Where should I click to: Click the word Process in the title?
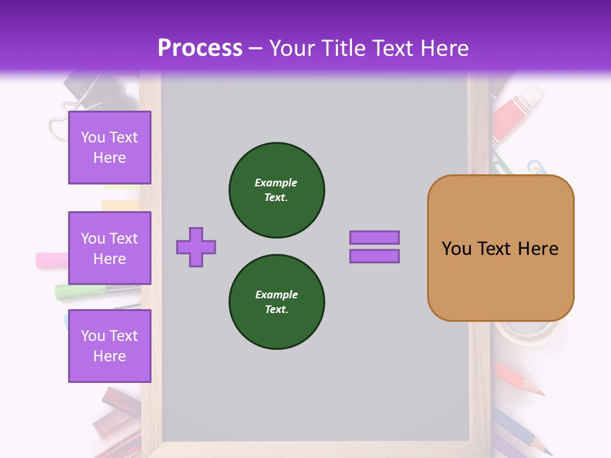point(200,48)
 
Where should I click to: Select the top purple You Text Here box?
point(109,148)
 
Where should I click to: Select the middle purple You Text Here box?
point(109,248)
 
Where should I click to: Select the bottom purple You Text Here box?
point(109,345)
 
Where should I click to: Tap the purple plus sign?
point(196,247)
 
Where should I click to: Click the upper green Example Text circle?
point(277,190)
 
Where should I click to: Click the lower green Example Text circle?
point(277,302)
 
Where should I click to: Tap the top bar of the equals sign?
point(374,237)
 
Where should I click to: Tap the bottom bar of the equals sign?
point(374,256)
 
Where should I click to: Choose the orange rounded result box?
point(500,248)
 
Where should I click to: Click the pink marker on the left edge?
point(52,260)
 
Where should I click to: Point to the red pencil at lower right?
point(519,380)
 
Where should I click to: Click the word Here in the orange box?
point(538,249)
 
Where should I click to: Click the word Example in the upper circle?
point(276,183)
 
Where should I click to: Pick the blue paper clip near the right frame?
point(537,168)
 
